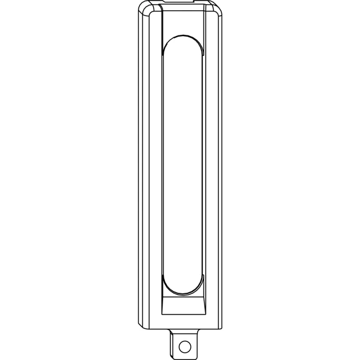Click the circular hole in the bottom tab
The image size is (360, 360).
click(185, 346)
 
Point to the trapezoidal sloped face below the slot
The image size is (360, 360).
click(184, 304)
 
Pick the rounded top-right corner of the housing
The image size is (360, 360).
click(217, 8)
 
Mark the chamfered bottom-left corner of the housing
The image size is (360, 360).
click(142, 324)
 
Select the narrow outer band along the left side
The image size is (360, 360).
click(142, 168)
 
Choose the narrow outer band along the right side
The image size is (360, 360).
click(218, 168)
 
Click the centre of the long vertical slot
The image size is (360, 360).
click(184, 168)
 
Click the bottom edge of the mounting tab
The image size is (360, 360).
click(185, 356)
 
